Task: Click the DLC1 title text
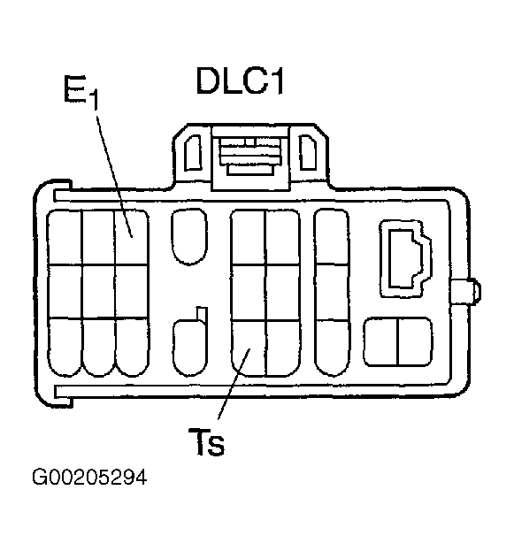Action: click(x=240, y=81)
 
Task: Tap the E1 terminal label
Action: click(x=81, y=92)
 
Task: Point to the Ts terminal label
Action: click(x=206, y=441)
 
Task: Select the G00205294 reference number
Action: click(x=89, y=478)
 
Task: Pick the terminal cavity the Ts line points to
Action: click(x=249, y=348)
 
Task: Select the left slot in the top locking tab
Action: click(x=193, y=152)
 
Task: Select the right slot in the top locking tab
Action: click(x=308, y=152)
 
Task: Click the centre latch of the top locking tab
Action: click(x=250, y=156)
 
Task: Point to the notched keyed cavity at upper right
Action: click(x=406, y=258)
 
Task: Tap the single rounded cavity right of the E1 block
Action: click(x=189, y=236)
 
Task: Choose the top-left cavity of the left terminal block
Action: click(x=65, y=237)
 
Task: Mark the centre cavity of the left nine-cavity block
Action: click(x=98, y=291)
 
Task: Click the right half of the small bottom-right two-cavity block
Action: click(x=415, y=342)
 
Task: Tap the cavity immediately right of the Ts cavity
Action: click(x=283, y=348)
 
